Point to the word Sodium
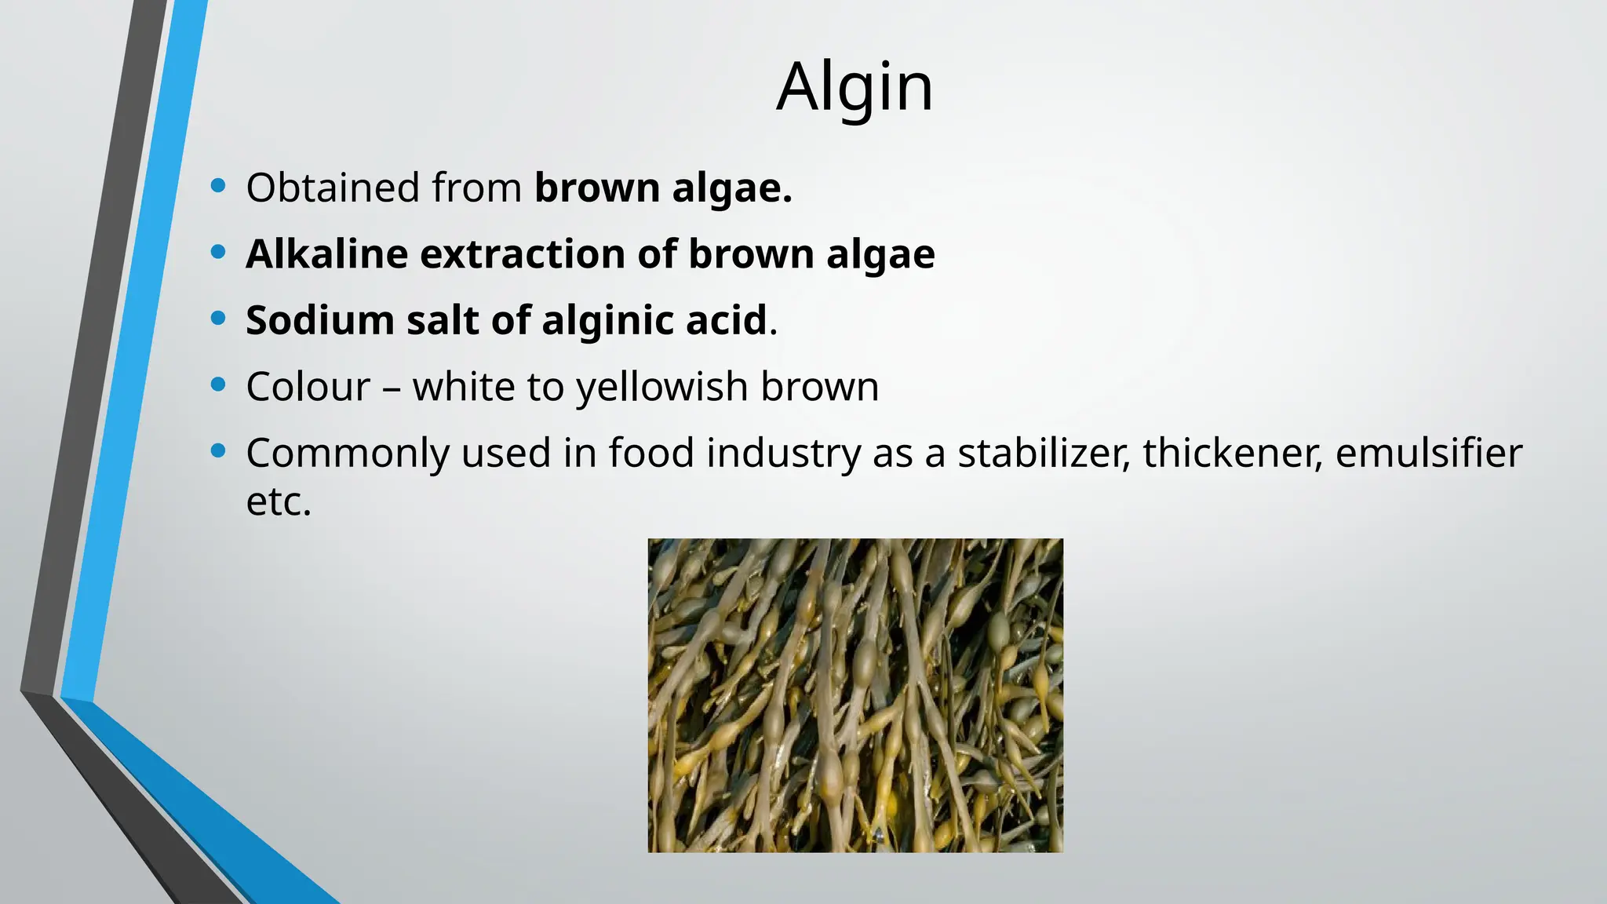[x=319, y=320]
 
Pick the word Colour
[x=308, y=387]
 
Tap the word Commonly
[x=347, y=453]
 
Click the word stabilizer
[x=1044, y=453]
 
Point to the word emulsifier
[x=1428, y=453]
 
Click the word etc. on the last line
[x=279, y=502]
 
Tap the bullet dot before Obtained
[x=218, y=186]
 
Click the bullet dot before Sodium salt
[x=218, y=318]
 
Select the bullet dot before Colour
[x=218, y=385]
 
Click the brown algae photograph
[x=855, y=695]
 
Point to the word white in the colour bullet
[x=468, y=387]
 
